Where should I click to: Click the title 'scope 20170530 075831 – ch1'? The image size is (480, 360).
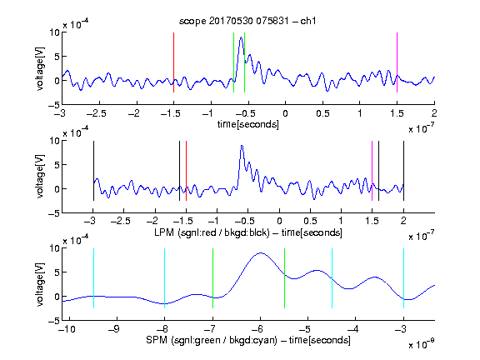(247, 21)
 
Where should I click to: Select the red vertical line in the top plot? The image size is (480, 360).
(173, 62)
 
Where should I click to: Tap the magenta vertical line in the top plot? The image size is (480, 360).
(397, 62)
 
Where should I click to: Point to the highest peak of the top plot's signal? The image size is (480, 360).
(241, 37)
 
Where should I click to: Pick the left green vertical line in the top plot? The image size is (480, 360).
(233, 62)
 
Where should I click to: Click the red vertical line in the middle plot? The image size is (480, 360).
(186, 171)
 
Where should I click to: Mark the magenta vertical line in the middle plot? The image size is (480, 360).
(372, 171)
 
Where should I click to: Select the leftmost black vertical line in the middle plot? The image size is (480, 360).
(93, 171)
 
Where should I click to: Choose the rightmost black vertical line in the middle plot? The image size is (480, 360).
(403, 171)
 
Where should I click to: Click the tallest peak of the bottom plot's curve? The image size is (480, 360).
(261, 252)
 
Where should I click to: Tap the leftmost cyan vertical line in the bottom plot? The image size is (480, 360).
(93, 278)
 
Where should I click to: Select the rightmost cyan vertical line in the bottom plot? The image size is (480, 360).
(403, 278)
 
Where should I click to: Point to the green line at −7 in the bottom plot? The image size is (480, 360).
(212, 278)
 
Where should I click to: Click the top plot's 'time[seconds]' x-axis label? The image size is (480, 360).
(248, 124)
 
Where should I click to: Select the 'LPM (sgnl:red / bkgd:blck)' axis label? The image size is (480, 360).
(212, 232)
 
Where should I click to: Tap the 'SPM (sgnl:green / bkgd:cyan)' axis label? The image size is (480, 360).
(212, 340)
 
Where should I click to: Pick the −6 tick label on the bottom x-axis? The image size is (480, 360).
(257, 329)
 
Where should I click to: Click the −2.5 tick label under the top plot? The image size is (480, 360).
(97, 113)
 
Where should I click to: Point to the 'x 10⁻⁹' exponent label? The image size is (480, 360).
(421, 344)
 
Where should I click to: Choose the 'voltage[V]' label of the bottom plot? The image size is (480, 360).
(40, 284)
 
